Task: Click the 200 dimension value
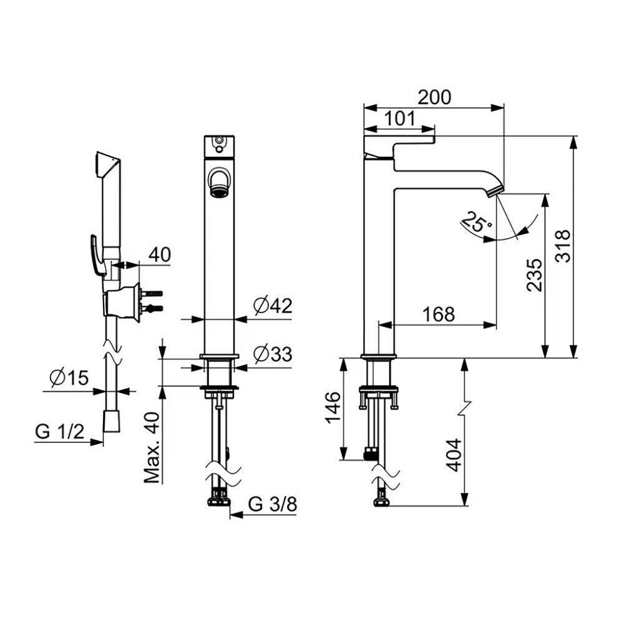[434, 97]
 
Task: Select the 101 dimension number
[400, 119]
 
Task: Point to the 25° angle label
[477, 222]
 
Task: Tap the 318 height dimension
[563, 246]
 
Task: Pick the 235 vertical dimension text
[534, 275]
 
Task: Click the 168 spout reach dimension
[438, 314]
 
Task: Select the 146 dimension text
[333, 408]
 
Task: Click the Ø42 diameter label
[273, 306]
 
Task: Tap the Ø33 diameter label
[273, 354]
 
